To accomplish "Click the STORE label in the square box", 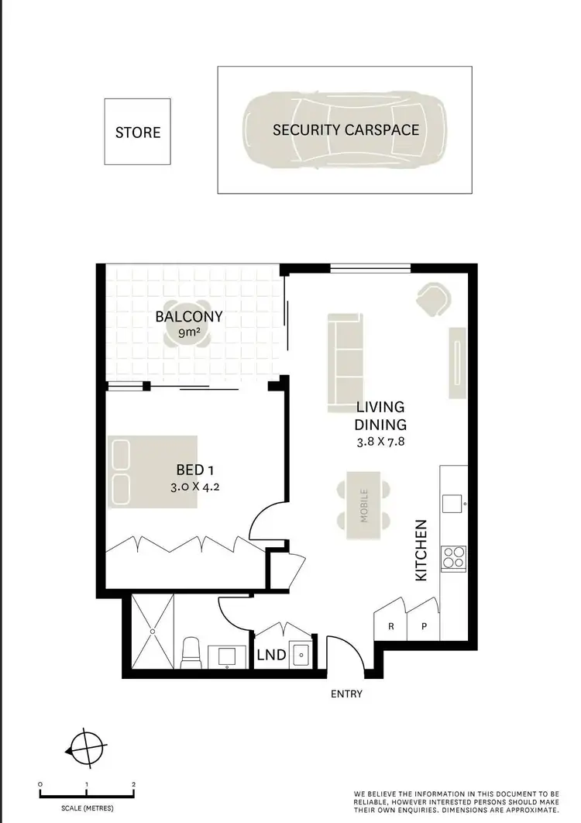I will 138,133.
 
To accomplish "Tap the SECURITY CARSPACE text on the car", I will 346,129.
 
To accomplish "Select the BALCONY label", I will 189,316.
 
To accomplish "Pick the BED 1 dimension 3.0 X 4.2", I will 189,487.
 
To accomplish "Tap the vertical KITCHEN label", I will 421,550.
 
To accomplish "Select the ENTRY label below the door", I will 346,694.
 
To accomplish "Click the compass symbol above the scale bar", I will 84,749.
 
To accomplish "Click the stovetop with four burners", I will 453,557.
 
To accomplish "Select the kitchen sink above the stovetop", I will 452,504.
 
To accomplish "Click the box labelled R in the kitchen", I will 391,626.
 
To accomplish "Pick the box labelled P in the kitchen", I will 424,626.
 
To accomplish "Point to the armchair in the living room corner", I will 433,298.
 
